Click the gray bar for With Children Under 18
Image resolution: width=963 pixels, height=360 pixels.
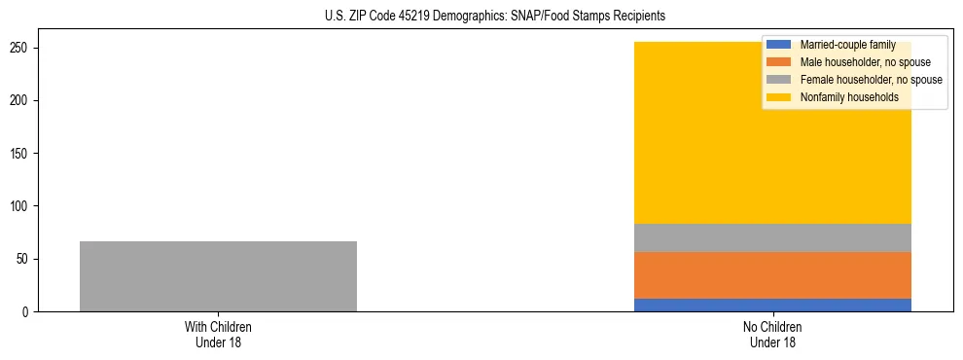click(218, 276)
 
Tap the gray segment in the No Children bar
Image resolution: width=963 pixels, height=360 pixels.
click(772, 237)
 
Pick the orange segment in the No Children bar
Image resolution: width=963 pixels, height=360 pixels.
click(772, 275)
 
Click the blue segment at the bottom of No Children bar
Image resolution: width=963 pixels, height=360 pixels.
click(772, 305)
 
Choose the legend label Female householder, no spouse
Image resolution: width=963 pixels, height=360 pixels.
click(871, 80)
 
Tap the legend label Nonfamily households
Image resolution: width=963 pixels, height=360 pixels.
click(849, 97)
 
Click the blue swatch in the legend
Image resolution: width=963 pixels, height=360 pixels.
click(779, 45)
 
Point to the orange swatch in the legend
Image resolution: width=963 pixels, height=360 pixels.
click(779, 62)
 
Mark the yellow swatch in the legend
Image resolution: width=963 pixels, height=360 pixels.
click(779, 97)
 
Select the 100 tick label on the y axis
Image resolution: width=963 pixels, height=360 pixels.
click(20, 206)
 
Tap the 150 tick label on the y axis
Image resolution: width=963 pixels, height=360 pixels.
click(20, 154)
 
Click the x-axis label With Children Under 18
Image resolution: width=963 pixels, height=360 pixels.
click(218, 335)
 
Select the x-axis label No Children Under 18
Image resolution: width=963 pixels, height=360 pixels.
click(772, 335)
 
